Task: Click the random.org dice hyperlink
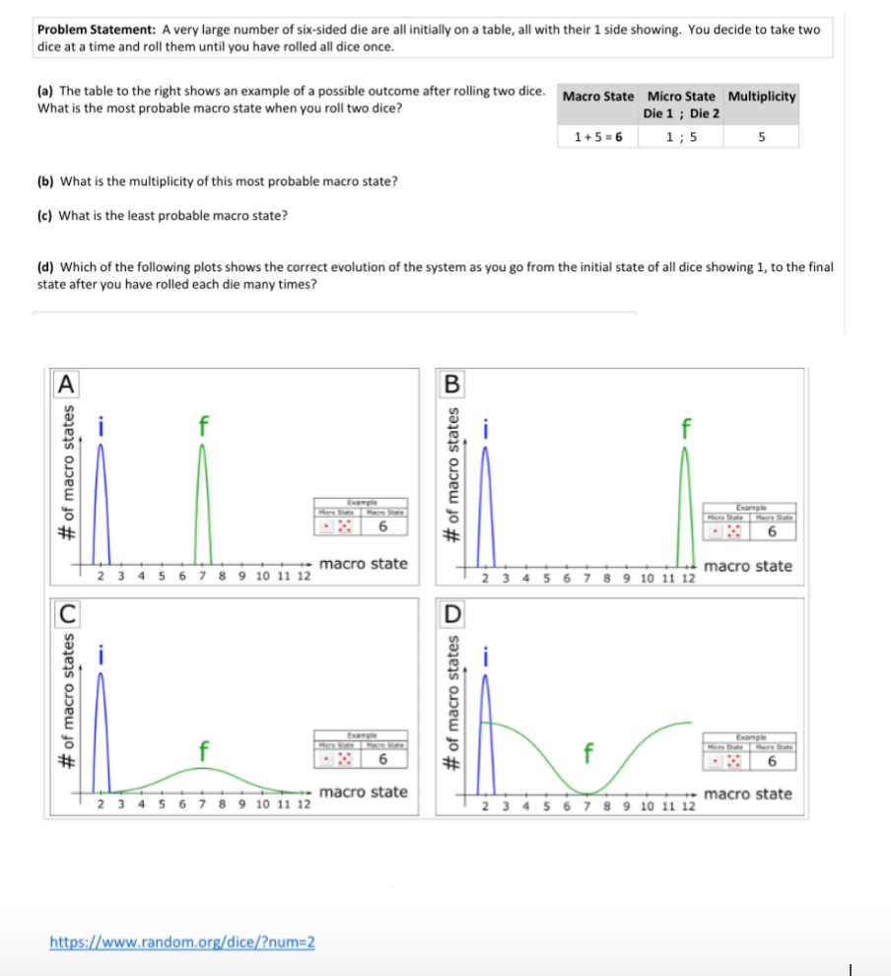pyautogui.click(x=182, y=941)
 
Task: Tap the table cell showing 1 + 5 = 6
pyautogui.click(x=597, y=137)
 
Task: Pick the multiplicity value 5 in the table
pyautogui.click(x=762, y=137)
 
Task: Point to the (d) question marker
pyautogui.click(x=44, y=266)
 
